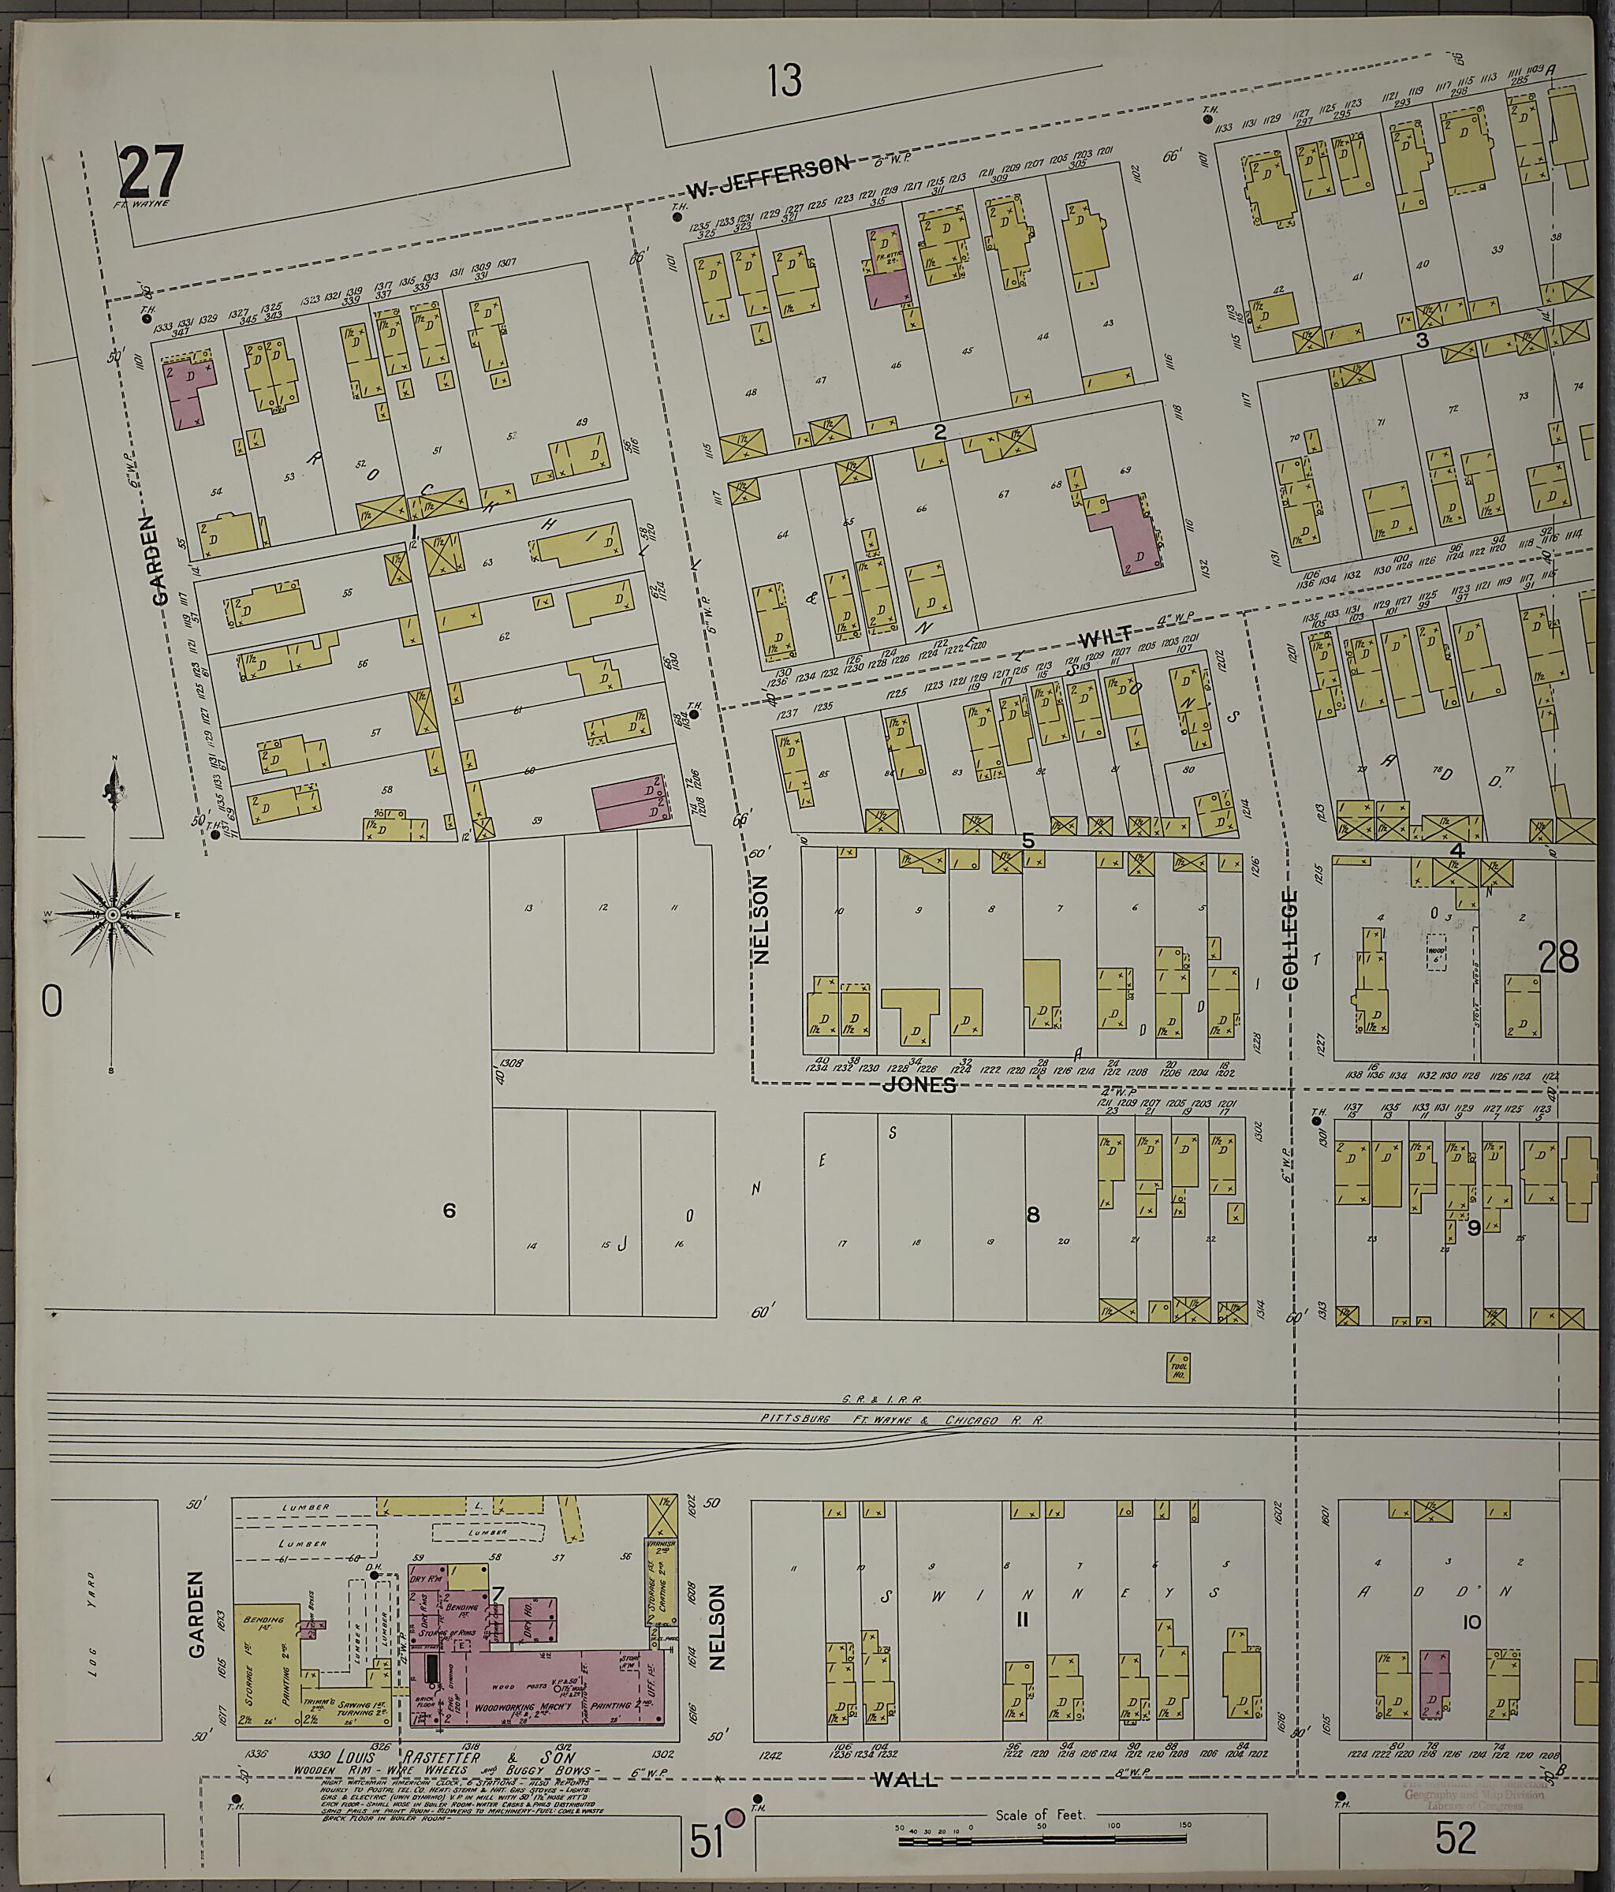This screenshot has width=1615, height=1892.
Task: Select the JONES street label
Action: (x=919, y=1084)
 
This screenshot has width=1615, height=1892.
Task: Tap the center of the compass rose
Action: (x=112, y=914)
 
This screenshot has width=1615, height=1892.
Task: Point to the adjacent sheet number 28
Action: (x=1557, y=959)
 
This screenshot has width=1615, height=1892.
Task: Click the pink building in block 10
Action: (x=1434, y=1683)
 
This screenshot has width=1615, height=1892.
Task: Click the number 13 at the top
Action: (x=784, y=80)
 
